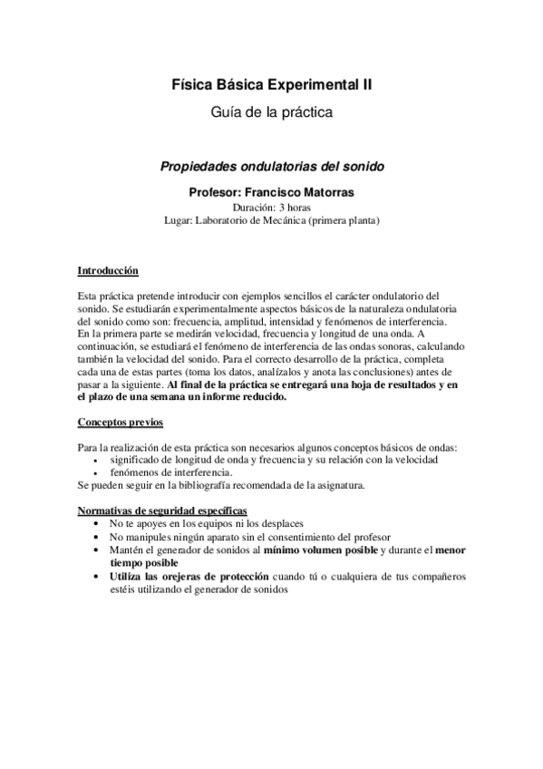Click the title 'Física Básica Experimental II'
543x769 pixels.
[x=272, y=84]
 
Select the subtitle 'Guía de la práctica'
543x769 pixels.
[x=272, y=112]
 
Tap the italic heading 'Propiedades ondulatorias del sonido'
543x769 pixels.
[x=272, y=167]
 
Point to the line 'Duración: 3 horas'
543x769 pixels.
[x=272, y=206]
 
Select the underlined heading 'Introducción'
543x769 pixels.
[x=108, y=270]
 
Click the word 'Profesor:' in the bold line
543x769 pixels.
[x=216, y=191]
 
